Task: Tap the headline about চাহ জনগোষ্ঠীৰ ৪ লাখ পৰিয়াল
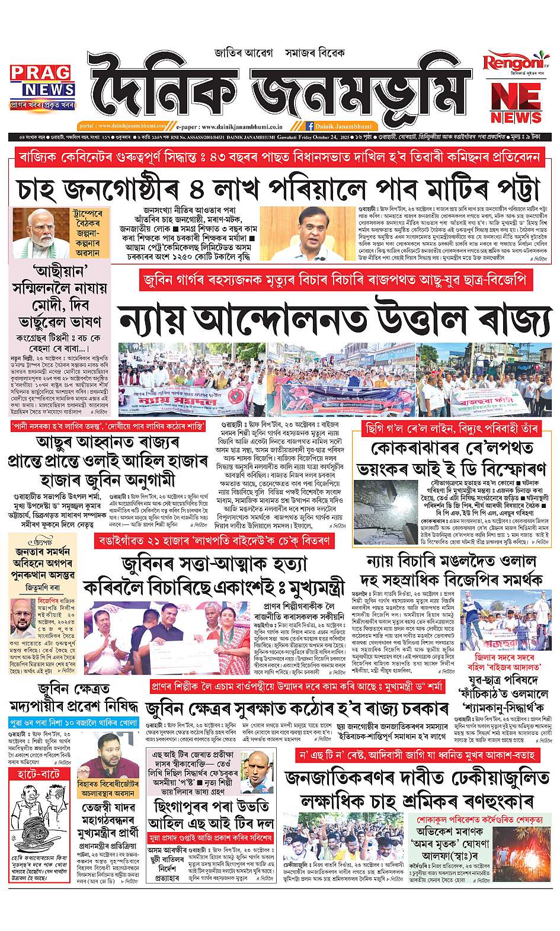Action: (x=279, y=189)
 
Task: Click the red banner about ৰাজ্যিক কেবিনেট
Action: (x=279, y=158)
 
